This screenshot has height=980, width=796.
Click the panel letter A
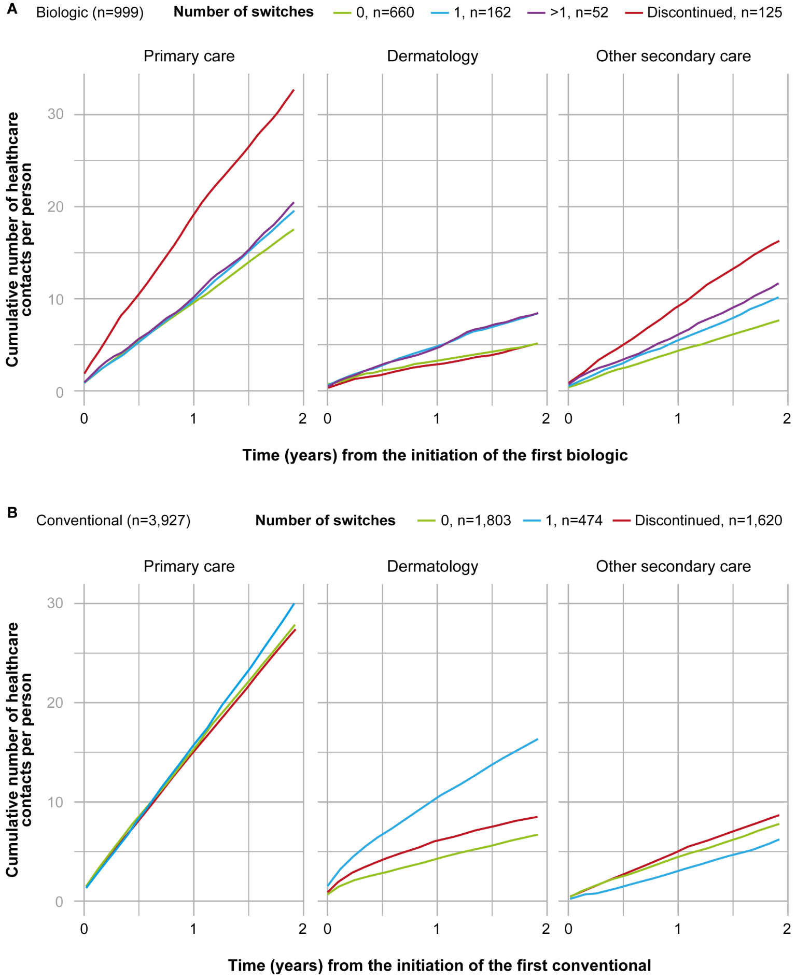11,9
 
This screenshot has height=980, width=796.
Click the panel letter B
12,512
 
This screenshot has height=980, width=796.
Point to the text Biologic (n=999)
90,12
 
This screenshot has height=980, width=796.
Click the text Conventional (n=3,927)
113,520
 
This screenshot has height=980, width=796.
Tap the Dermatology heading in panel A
432,56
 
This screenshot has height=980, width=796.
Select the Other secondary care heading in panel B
673,566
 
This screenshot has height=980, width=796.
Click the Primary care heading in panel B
189,566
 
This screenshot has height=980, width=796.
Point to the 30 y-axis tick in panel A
55,114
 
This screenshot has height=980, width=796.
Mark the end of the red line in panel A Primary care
294,90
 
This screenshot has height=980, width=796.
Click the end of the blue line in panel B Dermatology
537,739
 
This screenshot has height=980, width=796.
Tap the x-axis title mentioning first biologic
435,455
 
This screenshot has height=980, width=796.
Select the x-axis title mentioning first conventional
439,965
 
